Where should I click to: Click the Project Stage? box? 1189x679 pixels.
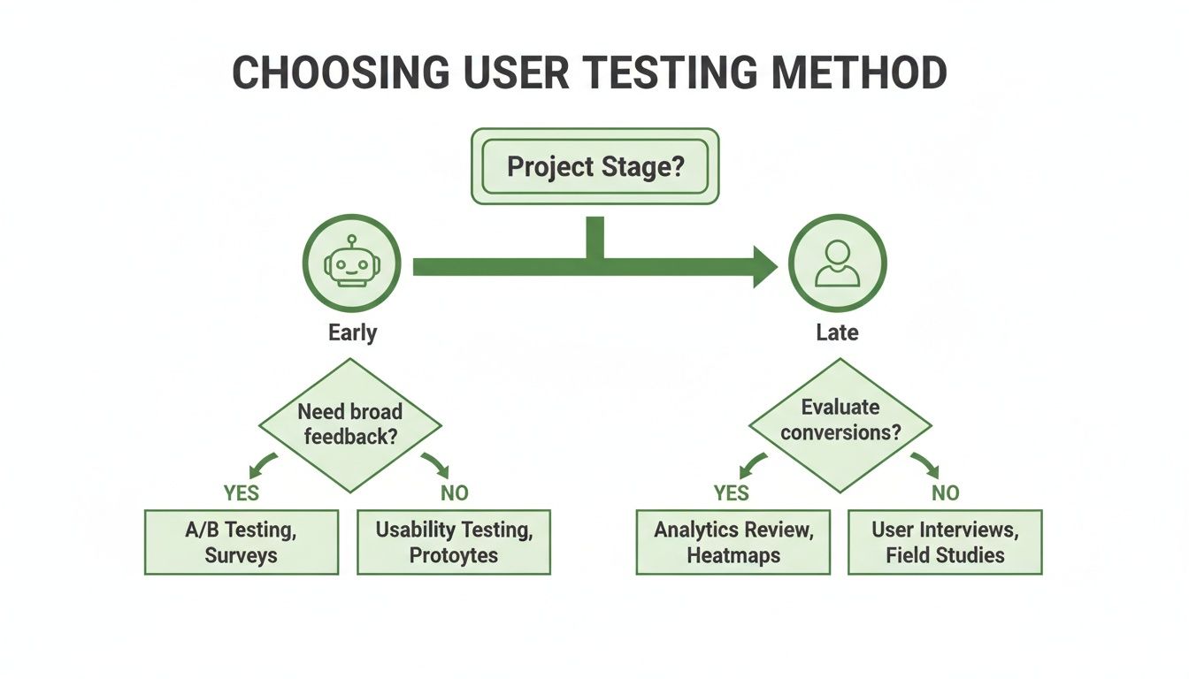594,166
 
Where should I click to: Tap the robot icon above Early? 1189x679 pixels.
351,263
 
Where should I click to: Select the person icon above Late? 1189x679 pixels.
837,263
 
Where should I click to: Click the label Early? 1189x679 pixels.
352,332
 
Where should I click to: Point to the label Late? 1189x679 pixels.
837,332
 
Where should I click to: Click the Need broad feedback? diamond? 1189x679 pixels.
350,424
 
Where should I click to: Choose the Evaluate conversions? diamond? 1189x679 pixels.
840,420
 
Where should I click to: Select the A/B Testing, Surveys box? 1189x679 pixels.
242,542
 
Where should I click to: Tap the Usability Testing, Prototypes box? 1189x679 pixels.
454,542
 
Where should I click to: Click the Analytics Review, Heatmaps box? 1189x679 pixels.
733,542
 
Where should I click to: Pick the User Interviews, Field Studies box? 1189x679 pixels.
945,542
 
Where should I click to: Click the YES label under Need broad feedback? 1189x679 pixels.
242,492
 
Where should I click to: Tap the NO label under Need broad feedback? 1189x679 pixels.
454,492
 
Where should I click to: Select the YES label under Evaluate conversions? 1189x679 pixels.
732,492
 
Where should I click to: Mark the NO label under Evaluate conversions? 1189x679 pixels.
945,492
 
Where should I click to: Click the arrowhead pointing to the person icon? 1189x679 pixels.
763,267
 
